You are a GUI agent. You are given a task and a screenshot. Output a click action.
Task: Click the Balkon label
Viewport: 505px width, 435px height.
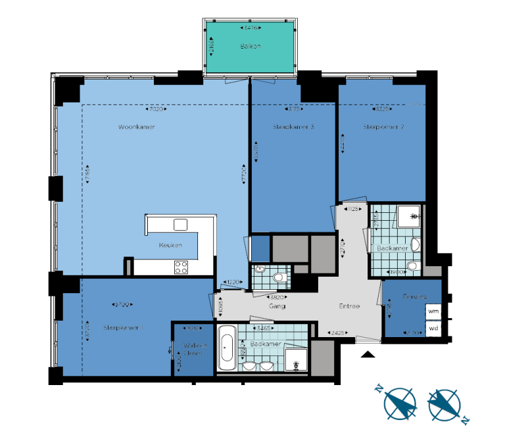point(251,47)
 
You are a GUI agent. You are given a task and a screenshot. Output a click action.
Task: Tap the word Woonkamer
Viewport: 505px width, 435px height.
point(137,127)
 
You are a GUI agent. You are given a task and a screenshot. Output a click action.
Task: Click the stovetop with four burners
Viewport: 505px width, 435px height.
point(181,267)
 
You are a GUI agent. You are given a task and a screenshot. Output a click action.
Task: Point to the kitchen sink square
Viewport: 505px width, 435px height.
point(181,225)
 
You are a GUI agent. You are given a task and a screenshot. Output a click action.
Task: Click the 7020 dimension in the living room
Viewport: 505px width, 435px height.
point(155,109)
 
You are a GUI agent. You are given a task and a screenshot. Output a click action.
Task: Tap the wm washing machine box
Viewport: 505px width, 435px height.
point(433,310)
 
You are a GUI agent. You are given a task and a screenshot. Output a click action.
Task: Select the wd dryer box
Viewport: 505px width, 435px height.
point(433,328)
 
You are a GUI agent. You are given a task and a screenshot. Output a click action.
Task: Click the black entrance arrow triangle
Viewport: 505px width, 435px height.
point(368,355)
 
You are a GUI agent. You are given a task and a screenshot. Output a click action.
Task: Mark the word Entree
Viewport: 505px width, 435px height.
point(349,306)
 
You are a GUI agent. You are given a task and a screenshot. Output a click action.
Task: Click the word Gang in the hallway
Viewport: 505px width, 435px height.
point(276,306)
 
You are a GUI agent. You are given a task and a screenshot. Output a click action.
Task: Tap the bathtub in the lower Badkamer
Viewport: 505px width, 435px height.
point(227,348)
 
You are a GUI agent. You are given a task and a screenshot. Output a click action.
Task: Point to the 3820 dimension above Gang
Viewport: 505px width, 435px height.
point(277,297)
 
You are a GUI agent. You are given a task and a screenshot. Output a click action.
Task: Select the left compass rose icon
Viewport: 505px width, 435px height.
point(398,402)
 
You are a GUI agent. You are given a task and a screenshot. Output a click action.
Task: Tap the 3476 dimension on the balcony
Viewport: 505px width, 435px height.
point(251,28)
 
